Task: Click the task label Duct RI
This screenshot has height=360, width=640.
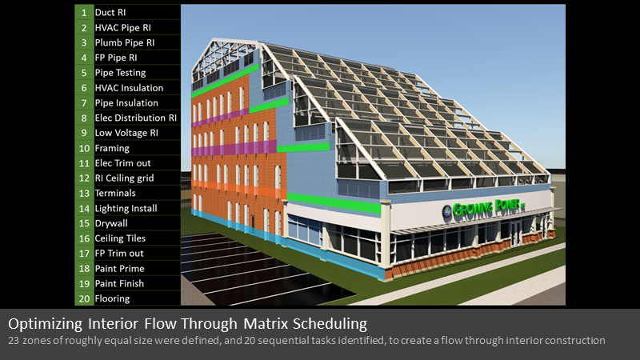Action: coord(110,13)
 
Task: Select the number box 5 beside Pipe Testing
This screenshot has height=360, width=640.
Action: coord(84,73)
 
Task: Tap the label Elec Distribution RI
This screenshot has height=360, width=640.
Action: coord(136,118)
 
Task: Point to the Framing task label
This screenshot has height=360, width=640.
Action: coord(112,148)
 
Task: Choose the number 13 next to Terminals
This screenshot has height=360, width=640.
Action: coord(84,193)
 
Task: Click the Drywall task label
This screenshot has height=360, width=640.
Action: coord(111,223)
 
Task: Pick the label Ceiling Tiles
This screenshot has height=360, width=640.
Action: coord(120,238)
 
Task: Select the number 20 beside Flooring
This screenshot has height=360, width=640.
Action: coord(84,298)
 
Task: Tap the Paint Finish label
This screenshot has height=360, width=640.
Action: coord(119,284)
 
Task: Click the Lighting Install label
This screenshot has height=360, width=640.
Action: coord(126,209)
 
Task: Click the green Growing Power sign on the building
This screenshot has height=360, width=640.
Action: coord(489,208)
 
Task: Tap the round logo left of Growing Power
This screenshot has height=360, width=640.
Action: coord(446,211)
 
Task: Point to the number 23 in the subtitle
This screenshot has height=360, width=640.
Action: coord(14,341)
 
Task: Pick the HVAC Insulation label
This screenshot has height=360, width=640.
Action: coord(129,88)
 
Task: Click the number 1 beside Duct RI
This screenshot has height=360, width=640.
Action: coord(84,13)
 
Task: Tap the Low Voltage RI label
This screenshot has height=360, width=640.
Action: coord(126,133)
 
